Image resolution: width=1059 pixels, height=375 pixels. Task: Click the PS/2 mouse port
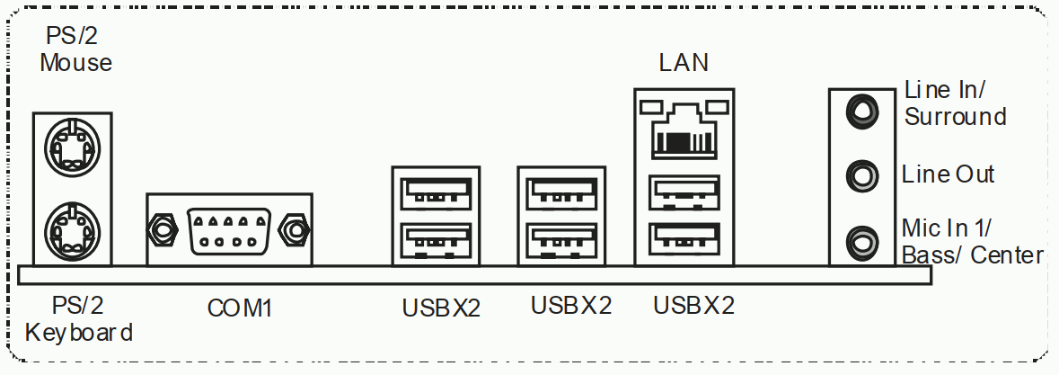tap(72, 147)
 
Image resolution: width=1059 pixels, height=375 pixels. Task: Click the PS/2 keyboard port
tap(72, 229)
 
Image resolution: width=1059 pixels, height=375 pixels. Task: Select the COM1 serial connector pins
tap(230, 231)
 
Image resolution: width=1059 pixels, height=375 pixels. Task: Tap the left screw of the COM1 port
tap(162, 231)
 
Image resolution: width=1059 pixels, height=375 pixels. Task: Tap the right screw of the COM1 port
tap(296, 231)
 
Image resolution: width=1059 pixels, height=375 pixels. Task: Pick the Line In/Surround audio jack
tap(862, 111)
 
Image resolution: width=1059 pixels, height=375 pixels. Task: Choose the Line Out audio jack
tap(862, 175)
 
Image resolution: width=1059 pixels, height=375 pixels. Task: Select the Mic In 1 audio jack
tap(862, 242)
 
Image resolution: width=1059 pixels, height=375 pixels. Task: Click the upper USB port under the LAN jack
tap(684, 192)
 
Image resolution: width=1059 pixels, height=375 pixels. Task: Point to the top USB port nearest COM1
tap(436, 194)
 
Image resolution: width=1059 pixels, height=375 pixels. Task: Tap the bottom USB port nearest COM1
tap(436, 240)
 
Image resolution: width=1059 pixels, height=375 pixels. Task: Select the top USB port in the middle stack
tap(562, 194)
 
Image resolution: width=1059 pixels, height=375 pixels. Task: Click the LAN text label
tap(684, 63)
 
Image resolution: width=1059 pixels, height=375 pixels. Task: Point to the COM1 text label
tap(240, 308)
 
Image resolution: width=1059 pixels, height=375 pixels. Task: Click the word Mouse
tap(75, 63)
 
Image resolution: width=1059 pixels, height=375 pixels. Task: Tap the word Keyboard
tap(79, 333)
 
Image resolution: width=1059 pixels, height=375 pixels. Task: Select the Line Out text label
tap(949, 174)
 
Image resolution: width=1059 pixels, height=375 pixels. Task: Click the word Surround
tap(956, 117)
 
